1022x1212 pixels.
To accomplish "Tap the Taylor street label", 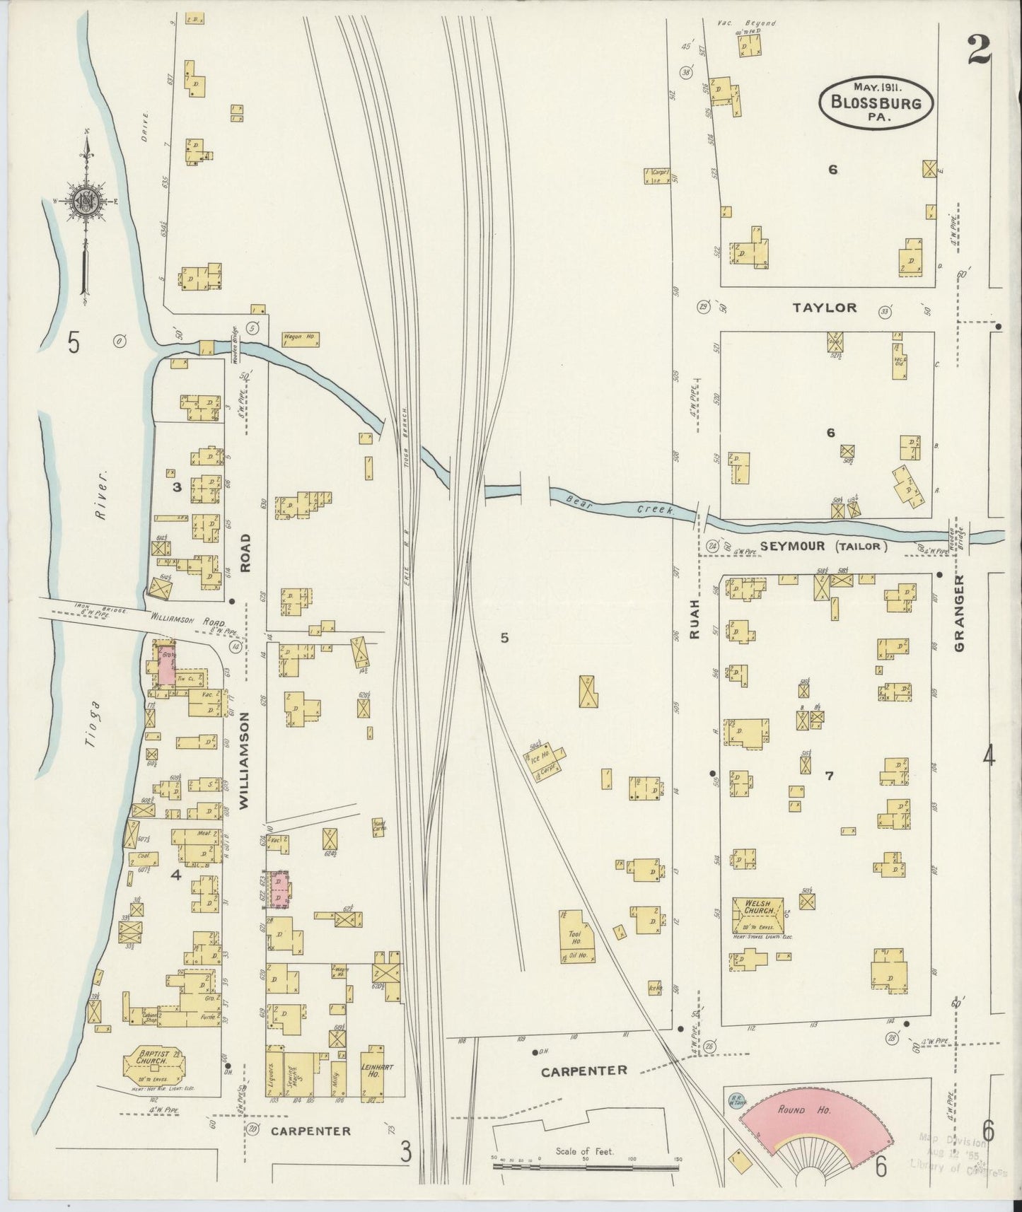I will tap(824, 308).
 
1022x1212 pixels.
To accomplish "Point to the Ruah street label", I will tap(695, 619).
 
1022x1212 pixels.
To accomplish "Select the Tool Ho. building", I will tap(578, 936).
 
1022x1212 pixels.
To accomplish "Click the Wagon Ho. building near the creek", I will tap(301, 338).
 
